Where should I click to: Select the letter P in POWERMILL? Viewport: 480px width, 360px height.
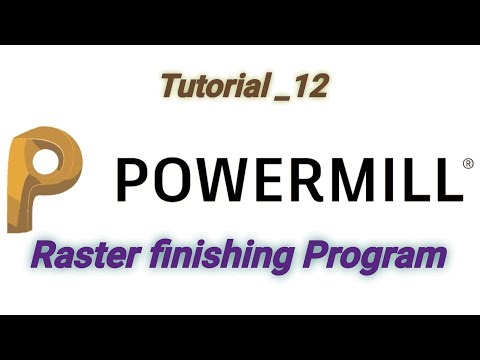(x=133, y=179)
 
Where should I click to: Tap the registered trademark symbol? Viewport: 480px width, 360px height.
(x=466, y=163)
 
